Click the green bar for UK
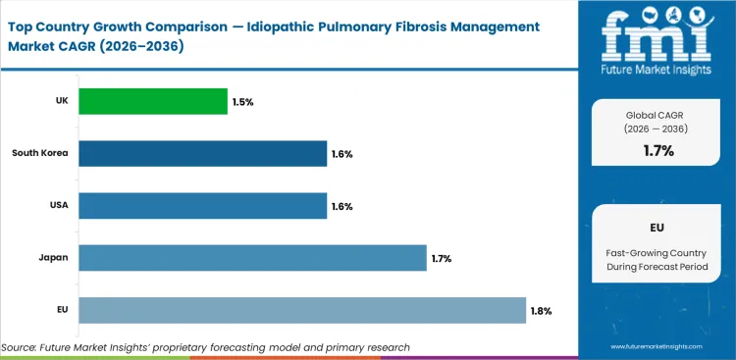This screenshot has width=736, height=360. pos(153,100)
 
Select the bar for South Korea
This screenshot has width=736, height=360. pos(202,153)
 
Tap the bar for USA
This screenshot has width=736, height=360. pos(202,206)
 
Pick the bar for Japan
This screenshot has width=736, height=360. pos(252,258)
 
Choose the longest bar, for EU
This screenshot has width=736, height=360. pos(302,310)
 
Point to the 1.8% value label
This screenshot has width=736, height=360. pos(543,311)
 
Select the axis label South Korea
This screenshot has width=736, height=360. pos(39,153)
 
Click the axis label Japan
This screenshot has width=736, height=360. pos(52,258)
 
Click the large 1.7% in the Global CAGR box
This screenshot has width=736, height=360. pos(657,150)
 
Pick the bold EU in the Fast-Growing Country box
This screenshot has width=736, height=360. pos(657,227)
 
